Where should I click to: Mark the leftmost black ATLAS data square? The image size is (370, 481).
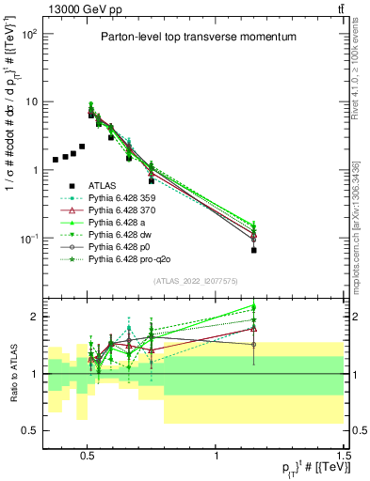point(56,160)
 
